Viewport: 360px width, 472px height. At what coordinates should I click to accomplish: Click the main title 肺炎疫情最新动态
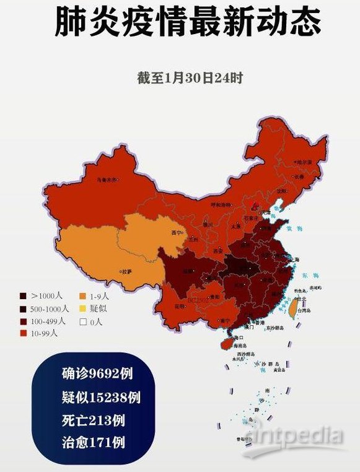[x=188, y=23]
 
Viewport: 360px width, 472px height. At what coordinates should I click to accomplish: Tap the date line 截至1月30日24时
[x=190, y=79]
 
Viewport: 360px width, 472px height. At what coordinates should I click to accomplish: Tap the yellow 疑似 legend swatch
[x=83, y=308]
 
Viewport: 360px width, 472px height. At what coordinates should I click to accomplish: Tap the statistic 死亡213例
[x=93, y=420]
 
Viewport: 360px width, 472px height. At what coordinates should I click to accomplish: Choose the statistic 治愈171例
[x=93, y=442]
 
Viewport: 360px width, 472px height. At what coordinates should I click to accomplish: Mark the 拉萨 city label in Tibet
[x=126, y=271]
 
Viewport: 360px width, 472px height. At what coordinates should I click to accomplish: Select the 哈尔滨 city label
[x=304, y=162]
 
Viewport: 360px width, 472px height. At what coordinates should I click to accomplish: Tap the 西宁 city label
[x=177, y=233]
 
